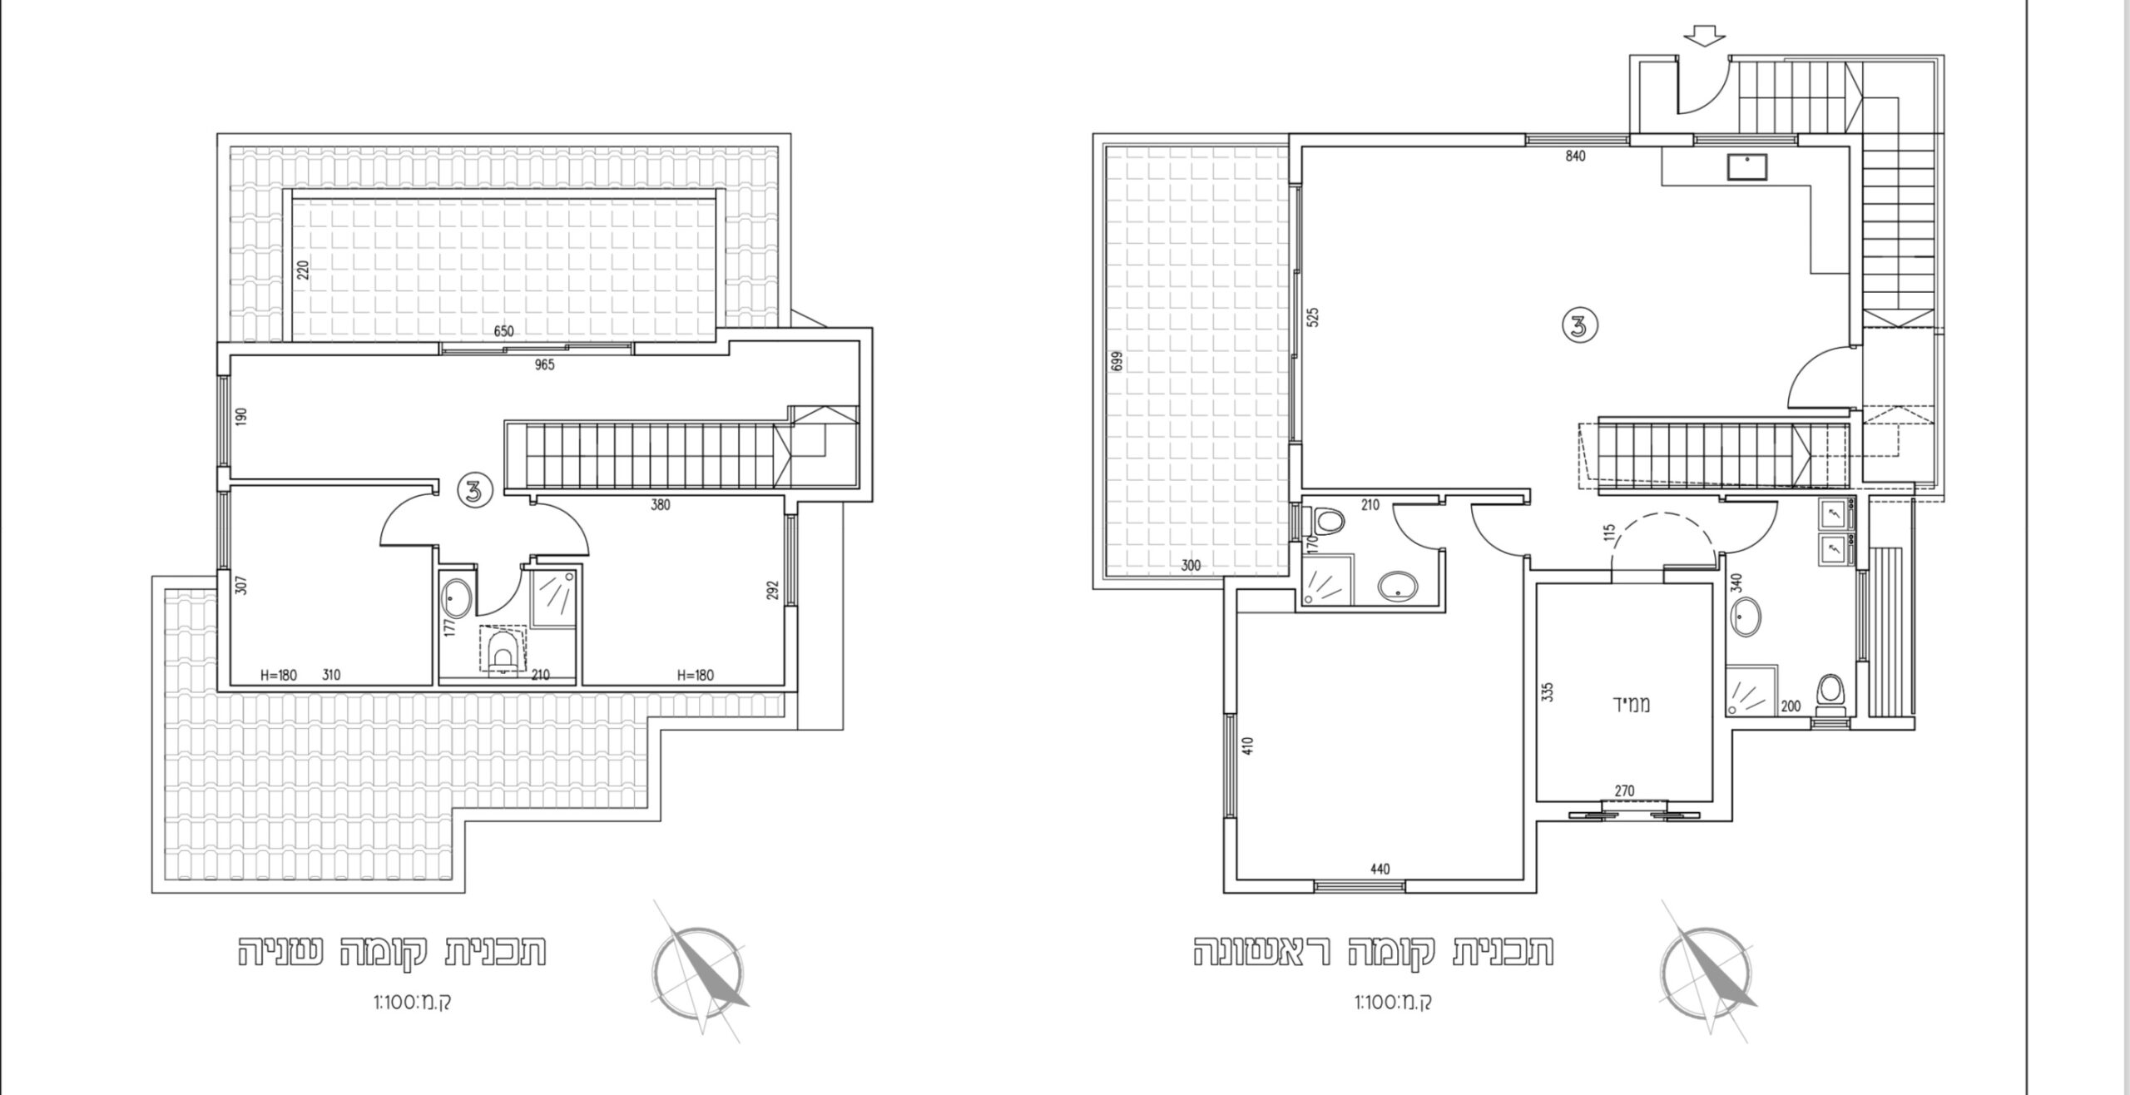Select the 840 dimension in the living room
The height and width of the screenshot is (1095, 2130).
tap(1575, 156)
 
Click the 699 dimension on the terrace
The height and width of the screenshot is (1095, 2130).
tap(1117, 360)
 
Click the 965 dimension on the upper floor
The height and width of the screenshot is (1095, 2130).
tap(544, 364)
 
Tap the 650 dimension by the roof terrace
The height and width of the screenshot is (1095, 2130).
tap(503, 331)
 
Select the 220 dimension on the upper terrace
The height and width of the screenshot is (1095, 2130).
tap(303, 270)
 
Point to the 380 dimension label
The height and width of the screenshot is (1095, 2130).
tap(661, 504)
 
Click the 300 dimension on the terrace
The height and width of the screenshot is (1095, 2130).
tap(1191, 567)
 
